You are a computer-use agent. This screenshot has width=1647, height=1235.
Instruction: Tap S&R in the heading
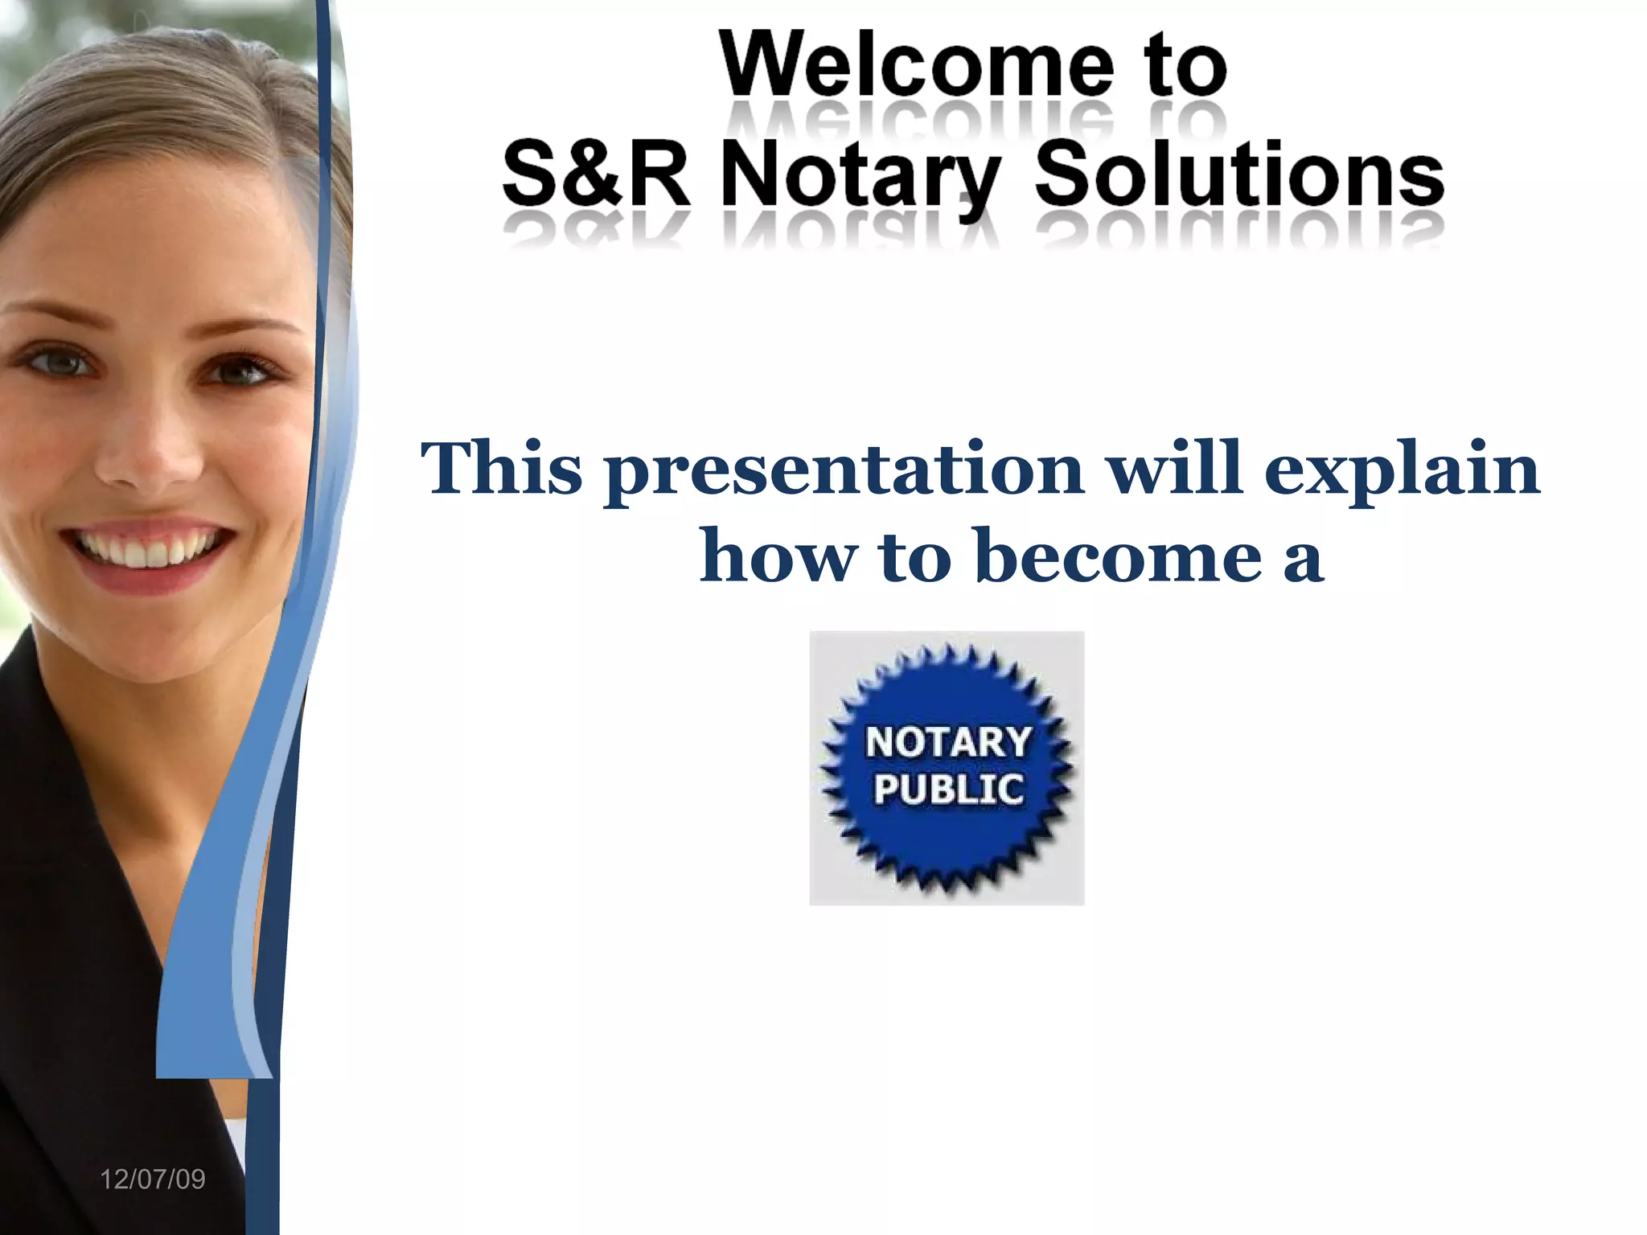pos(596,174)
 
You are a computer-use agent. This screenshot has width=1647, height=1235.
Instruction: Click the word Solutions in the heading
pos(1239,174)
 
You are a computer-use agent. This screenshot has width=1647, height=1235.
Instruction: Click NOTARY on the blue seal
pos(948,741)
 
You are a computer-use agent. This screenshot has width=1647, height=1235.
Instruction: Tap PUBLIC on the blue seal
pos(948,790)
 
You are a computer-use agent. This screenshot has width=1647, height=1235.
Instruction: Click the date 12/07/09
pos(152,1180)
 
